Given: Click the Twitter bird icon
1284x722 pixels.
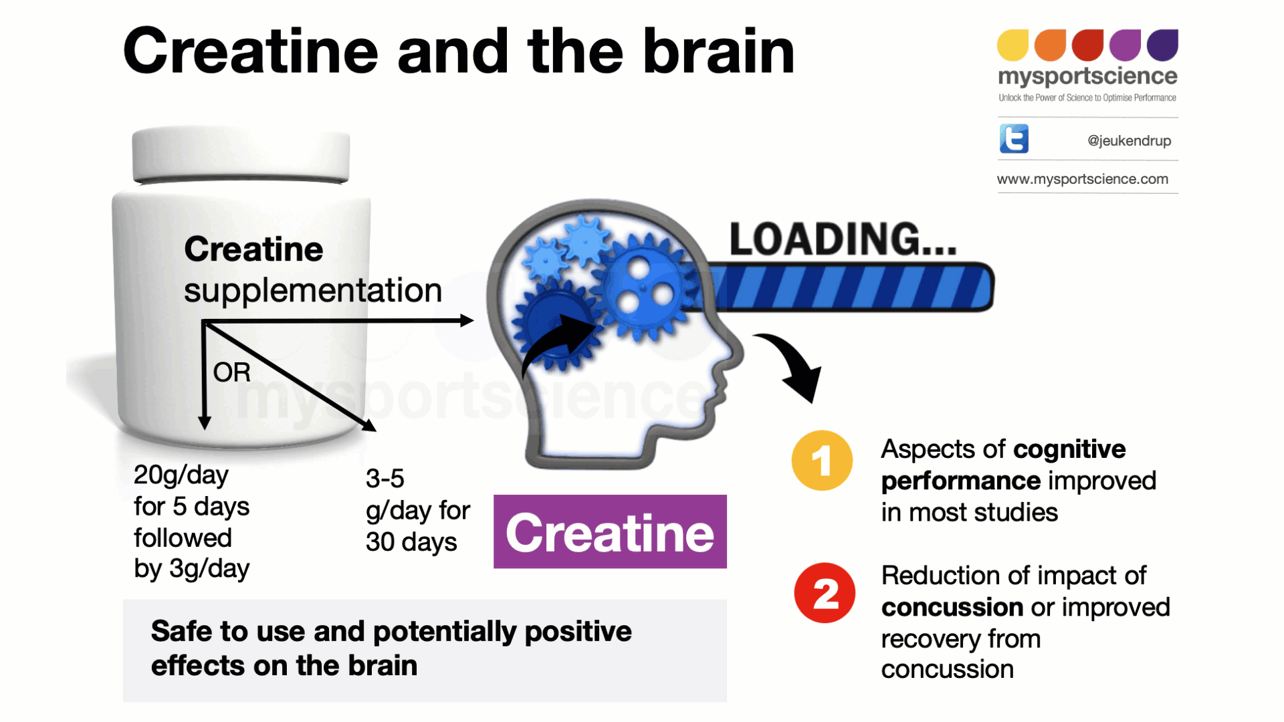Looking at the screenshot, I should point(1014,139).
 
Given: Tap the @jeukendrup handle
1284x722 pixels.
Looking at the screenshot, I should point(1129,140).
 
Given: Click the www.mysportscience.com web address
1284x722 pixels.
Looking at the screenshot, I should point(1082,179).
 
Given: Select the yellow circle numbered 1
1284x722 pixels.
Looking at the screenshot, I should point(822,461).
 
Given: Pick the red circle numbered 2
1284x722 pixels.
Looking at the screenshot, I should point(825,593).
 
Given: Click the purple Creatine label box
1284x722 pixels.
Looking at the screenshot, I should point(610,532).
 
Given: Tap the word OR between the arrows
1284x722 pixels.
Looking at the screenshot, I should point(231,372).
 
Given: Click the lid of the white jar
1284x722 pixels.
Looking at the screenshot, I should point(241,154).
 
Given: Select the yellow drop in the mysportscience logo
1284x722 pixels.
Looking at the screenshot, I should point(1012,45).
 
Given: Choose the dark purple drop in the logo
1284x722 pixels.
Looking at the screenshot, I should point(1162,45).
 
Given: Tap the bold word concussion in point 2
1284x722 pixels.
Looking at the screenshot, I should point(952,607).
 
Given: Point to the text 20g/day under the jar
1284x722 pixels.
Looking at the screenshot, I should point(181,475).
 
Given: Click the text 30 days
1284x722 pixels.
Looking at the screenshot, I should point(411,541).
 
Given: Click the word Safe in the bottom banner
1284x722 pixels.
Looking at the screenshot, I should point(181,631).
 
